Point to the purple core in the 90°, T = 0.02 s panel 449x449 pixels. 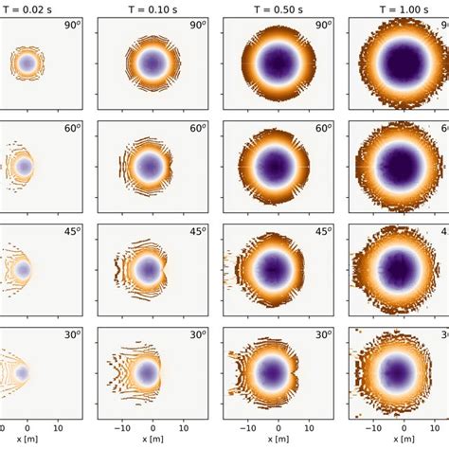tap(27, 63)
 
